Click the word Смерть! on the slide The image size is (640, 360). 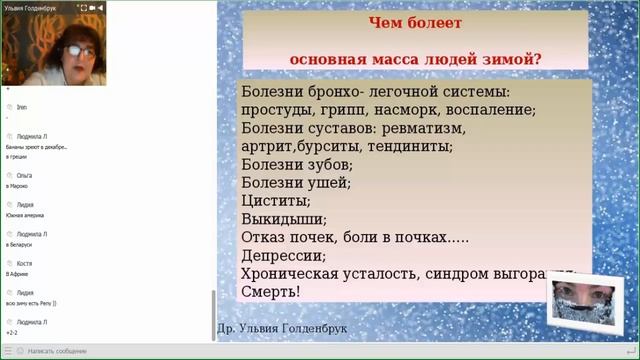(x=271, y=292)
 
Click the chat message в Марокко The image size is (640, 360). (x=17, y=186)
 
